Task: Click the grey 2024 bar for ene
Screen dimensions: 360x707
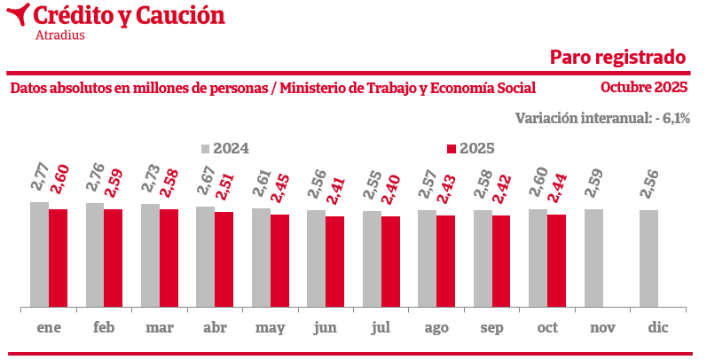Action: [x=39, y=254]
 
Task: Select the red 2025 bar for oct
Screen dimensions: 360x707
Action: [x=556, y=261]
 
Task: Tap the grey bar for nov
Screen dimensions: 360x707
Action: [x=593, y=258]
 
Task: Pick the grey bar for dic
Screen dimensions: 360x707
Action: [x=649, y=259]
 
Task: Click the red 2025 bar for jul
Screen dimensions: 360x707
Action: [x=390, y=262]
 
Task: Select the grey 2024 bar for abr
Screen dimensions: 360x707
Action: [x=205, y=257]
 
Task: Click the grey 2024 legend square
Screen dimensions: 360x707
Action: [x=205, y=149]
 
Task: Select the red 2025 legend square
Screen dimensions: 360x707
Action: [x=451, y=149]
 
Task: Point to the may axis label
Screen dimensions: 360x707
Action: [x=270, y=328]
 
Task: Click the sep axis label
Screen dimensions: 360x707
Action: [x=492, y=328]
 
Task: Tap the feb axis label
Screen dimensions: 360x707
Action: [x=104, y=328]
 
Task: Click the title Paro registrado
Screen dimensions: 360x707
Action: [x=617, y=57]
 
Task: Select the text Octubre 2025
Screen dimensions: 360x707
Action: [x=644, y=87]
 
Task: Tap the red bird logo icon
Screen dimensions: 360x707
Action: [x=17, y=15]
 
